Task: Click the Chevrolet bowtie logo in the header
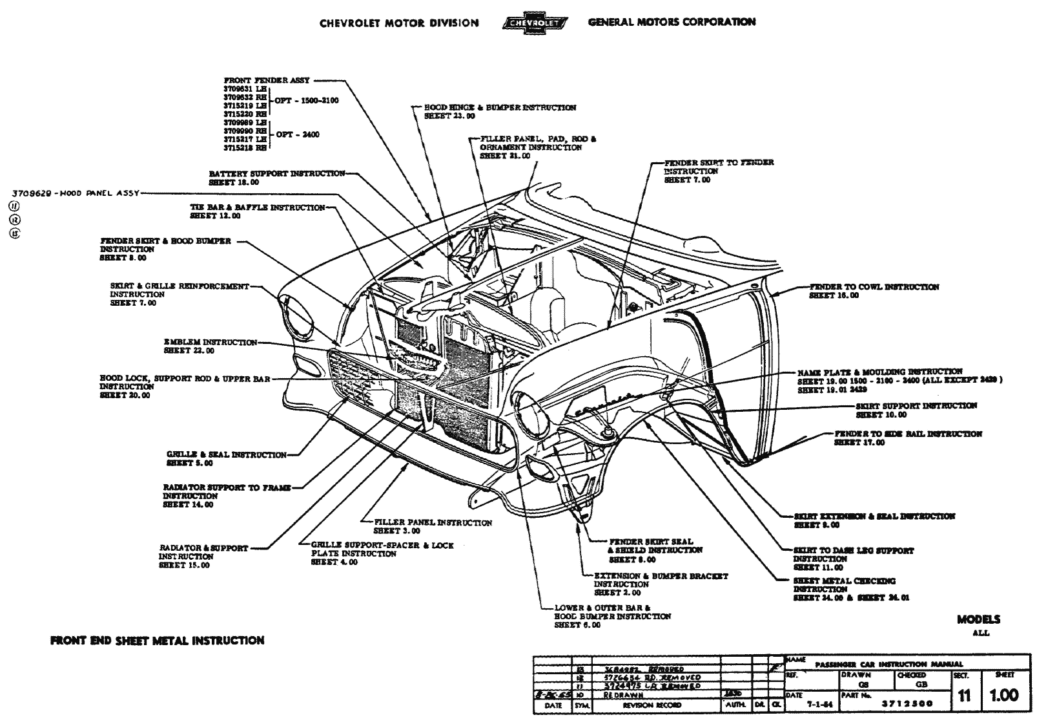(x=534, y=24)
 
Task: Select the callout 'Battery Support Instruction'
(x=276, y=174)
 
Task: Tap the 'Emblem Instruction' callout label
(x=210, y=343)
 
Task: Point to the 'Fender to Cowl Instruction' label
(x=874, y=287)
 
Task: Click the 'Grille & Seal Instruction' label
(x=226, y=455)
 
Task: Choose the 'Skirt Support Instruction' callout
(x=916, y=406)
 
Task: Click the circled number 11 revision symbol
(x=14, y=206)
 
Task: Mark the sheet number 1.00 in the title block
(x=1004, y=696)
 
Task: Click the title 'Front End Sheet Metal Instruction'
(x=157, y=641)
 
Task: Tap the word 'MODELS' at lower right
(x=978, y=619)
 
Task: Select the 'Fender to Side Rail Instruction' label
(x=908, y=434)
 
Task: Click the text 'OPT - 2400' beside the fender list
(x=297, y=134)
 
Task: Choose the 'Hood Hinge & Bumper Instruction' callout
(x=500, y=108)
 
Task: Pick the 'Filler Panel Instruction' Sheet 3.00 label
(x=433, y=522)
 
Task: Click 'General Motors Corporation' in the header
(x=672, y=22)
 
